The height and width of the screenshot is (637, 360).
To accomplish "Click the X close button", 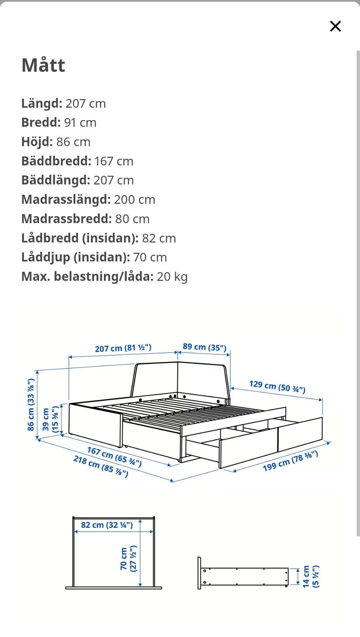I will pyautogui.click(x=335, y=26).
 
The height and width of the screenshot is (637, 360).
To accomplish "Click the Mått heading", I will pyautogui.click(x=43, y=65).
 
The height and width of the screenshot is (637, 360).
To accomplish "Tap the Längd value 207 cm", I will pyautogui.click(x=85, y=104).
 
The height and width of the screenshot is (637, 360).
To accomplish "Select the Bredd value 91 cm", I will pyautogui.click(x=80, y=123).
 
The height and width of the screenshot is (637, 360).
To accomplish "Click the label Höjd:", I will pyautogui.click(x=37, y=142).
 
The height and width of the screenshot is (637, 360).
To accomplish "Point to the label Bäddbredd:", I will pyautogui.click(x=56, y=161).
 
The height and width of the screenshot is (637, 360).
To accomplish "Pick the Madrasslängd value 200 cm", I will pyautogui.click(x=134, y=200).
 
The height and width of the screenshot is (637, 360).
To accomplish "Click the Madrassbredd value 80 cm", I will pyautogui.click(x=132, y=219).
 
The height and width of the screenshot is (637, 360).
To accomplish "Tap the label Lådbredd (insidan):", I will pyautogui.click(x=80, y=238).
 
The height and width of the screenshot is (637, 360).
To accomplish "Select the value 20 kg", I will pyautogui.click(x=172, y=277).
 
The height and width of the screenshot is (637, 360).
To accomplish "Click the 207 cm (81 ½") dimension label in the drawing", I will pyautogui.click(x=123, y=348).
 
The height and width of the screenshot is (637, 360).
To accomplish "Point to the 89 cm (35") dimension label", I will pyautogui.click(x=204, y=347).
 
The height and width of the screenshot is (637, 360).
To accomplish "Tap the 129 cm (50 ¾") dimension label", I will pyautogui.click(x=277, y=386).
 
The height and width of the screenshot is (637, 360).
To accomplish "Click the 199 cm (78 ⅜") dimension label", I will pyautogui.click(x=290, y=461).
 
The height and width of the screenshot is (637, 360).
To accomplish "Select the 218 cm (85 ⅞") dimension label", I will pyautogui.click(x=100, y=466).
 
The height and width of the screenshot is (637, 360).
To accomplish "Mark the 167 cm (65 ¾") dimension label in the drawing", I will pyautogui.click(x=114, y=456).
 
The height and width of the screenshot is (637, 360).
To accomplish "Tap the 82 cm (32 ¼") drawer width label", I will pyautogui.click(x=107, y=525).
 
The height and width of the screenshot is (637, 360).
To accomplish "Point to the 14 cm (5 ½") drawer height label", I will pyautogui.click(x=311, y=576).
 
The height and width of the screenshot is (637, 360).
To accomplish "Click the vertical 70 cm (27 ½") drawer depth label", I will pyautogui.click(x=128, y=559).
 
